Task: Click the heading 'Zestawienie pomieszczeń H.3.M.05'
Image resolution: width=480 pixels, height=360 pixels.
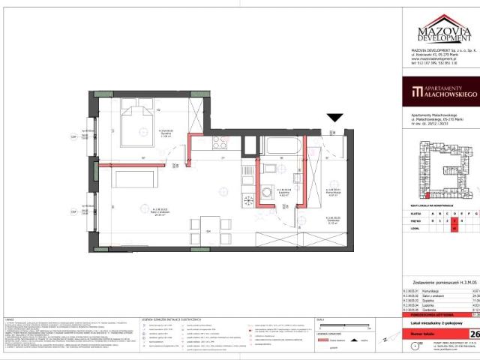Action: tap(439, 276)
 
